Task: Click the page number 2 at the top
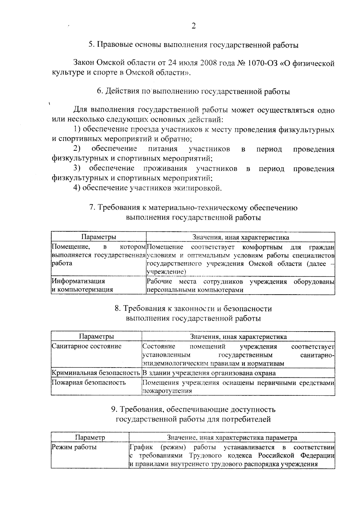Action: click(x=193, y=26)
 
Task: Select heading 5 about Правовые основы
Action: click(x=193, y=45)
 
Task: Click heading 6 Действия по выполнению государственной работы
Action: click(x=193, y=92)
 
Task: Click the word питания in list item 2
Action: click(x=163, y=149)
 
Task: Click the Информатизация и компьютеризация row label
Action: click(x=82, y=285)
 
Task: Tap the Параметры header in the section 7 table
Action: click(x=99, y=237)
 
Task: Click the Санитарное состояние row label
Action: click(x=87, y=346)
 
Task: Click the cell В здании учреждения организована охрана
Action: click(x=209, y=373)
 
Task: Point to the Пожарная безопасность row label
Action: click(x=89, y=382)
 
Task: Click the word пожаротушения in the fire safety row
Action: click(x=167, y=391)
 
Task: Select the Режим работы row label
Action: click(x=74, y=447)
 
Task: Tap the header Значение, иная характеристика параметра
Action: click(x=232, y=437)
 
